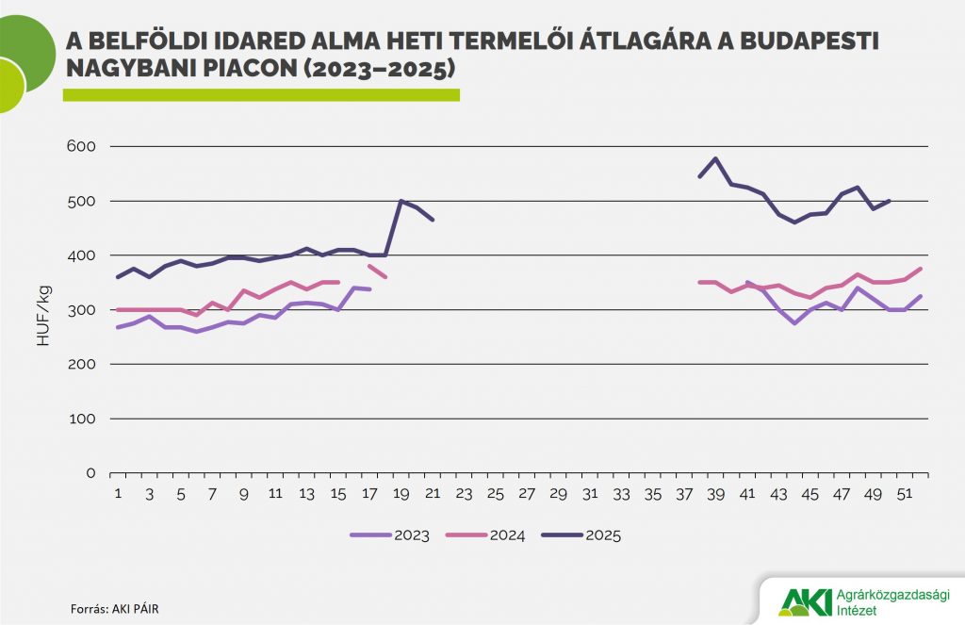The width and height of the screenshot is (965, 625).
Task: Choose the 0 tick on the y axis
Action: tap(90, 473)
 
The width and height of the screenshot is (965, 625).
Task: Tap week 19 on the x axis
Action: tap(401, 494)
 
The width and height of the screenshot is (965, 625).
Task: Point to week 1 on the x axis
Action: tap(118, 494)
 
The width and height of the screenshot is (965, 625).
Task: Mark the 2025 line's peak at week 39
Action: tap(716, 158)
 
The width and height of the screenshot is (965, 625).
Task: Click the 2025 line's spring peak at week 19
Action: tap(401, 201)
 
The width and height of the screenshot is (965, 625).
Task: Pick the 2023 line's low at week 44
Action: tap(794, 323)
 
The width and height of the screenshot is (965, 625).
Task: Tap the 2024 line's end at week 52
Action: tap(921, 269)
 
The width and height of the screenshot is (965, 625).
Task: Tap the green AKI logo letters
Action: tap(806, 600)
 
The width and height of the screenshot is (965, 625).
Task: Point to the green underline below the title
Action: tap(261, 94)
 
